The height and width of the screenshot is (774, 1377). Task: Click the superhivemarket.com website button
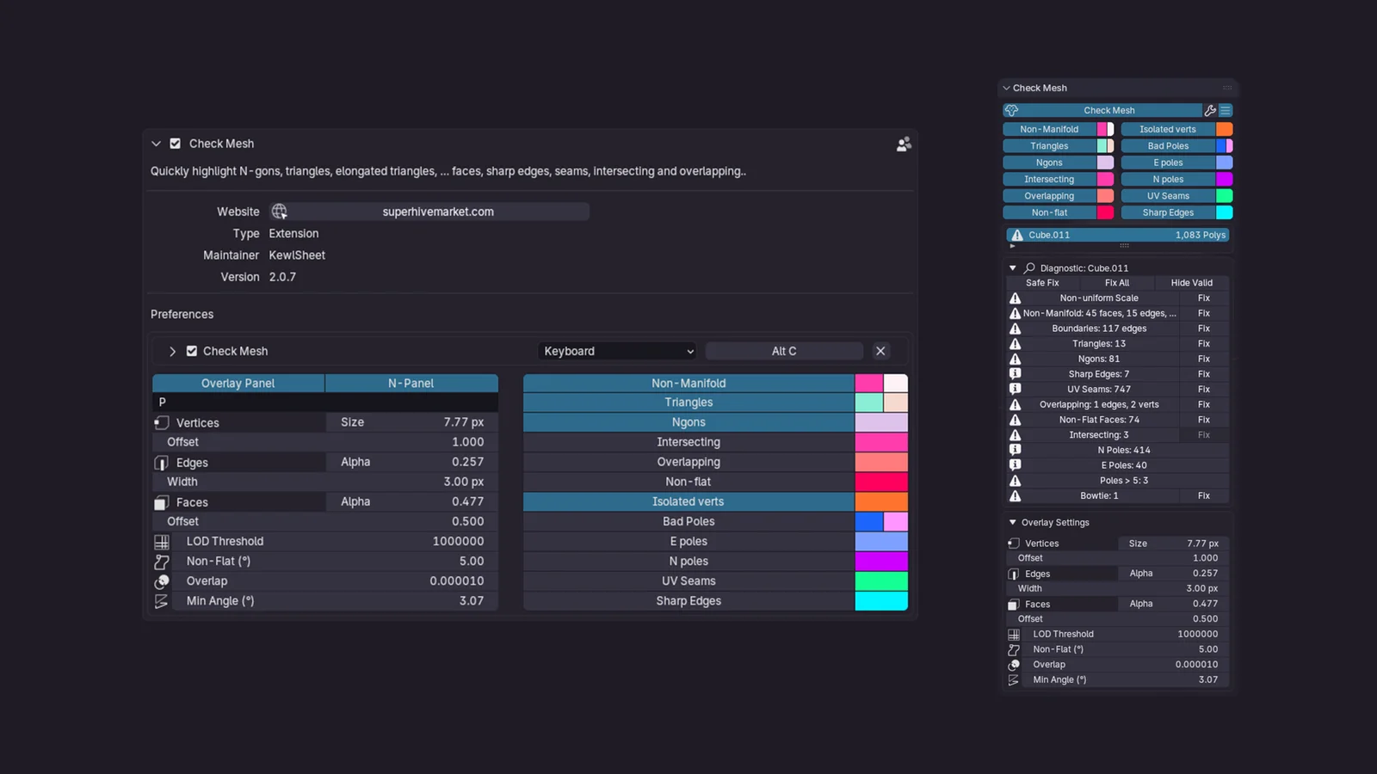coord(437,212)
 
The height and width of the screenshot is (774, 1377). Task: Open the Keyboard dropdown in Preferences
coord(618,351)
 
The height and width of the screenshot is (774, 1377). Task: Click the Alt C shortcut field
coord(783,351)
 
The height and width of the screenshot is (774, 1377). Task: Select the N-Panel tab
coord(411,384)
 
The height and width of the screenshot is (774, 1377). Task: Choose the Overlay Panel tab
coord(238,384)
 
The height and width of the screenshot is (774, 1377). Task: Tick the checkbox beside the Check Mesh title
coord(176,144)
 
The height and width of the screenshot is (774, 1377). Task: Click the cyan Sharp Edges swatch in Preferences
coord(880,601)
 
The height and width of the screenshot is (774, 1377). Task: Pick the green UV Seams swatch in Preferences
coord(880,581)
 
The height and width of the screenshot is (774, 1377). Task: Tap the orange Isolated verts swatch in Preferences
coord(880,501)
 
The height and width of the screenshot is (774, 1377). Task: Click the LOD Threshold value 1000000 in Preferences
coord(458,541)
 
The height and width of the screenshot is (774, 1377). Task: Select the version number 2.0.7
coord(282,277)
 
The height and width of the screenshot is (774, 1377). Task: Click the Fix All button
coord(1117,283)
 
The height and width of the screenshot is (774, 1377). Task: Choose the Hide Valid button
coord(1191,283)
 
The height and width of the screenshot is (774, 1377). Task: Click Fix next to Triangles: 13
coord(1203,344)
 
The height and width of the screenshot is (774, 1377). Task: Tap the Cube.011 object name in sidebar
coord(1049,235)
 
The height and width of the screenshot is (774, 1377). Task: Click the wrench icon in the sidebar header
coord(1210,110)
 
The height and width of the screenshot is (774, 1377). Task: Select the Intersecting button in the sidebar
coord(1049,180)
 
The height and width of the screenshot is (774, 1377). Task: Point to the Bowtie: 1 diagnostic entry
coord(1099,496)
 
